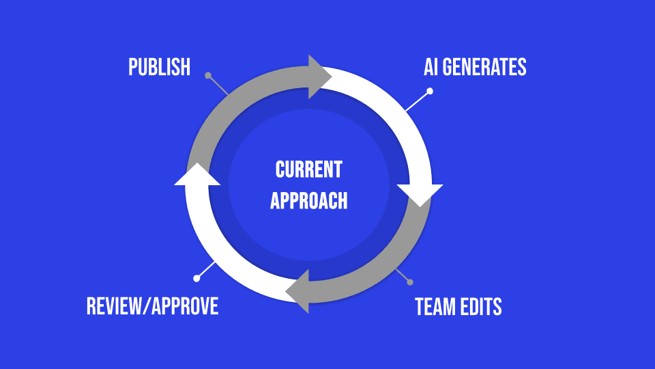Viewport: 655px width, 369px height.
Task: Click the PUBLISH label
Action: coord(159,67)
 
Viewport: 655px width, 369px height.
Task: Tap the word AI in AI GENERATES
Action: coord(431,67)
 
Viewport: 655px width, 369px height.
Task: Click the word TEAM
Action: coord(435,307)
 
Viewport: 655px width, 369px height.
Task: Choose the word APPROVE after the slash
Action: coord(185,305)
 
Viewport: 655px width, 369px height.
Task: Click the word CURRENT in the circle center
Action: coord(308,169)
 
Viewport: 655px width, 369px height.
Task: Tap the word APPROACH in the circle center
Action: coord(308,200)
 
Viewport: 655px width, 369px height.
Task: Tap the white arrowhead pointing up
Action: coord(197,175)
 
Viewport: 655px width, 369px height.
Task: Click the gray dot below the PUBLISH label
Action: coord(208,75)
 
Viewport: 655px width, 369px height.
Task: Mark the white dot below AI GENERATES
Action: coord(430,91)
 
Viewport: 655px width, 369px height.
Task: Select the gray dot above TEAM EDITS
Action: coord(409,282)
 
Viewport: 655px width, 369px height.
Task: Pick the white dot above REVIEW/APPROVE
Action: coord(196,278)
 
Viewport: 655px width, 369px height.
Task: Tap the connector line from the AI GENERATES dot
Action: coord(418,101)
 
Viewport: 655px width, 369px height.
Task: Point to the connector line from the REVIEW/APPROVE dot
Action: coord(206,270)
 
